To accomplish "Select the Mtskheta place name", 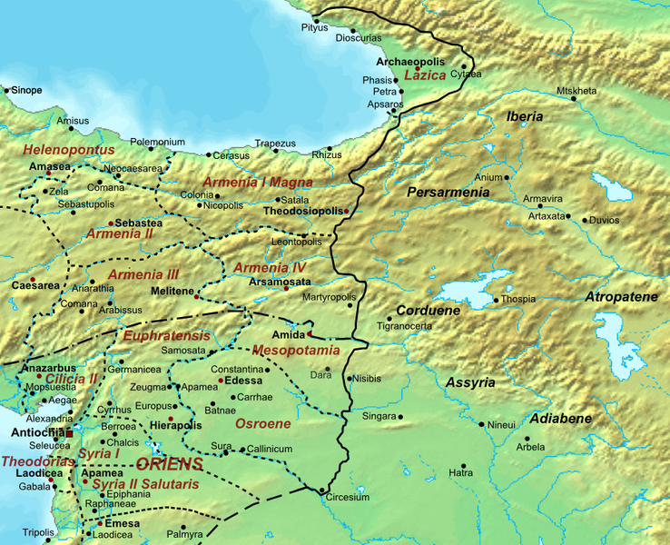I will (x=576, y=91).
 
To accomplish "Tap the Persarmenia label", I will (x=448, y=193).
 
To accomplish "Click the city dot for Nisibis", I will (x=350, y=379).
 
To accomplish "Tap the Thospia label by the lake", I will (x=519, y=300).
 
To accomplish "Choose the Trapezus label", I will (x=275, y=144).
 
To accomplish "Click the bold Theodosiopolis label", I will (x=299, y=210).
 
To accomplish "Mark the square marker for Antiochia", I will (x=69, y=433).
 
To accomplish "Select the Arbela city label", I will (x=530, y=447).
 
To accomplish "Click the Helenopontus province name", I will (x=69, y=149).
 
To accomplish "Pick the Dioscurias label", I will (x=359, y=40).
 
